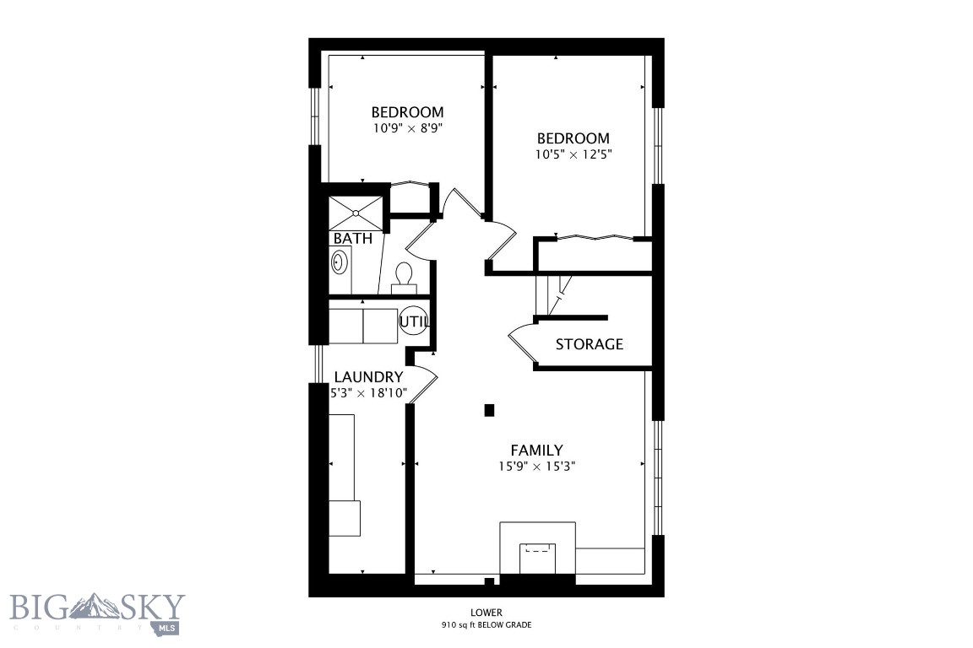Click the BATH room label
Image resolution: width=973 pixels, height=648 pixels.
pos(352,238)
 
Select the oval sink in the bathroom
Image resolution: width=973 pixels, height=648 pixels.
pos(339,262)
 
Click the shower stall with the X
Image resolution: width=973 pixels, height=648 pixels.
pos(356,213)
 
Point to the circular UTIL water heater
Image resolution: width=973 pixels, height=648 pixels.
pos(414,321)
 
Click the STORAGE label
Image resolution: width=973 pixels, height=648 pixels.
pos(589,344)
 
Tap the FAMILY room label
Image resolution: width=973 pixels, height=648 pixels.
pos(536,451)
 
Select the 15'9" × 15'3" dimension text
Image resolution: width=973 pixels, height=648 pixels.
pos(536,467)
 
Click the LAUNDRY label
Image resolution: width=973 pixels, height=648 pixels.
pos(368,377)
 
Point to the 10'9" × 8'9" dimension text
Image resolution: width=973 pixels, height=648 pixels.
pos(408,129)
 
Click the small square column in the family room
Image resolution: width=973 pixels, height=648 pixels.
pos(489,410)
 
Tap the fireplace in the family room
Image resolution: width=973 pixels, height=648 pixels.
pos(537,550)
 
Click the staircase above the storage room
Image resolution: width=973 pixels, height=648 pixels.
pos(553,295)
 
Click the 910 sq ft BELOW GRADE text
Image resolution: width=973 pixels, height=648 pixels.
pos(486,625)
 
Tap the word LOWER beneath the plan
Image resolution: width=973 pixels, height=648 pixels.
pos(486,613)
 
